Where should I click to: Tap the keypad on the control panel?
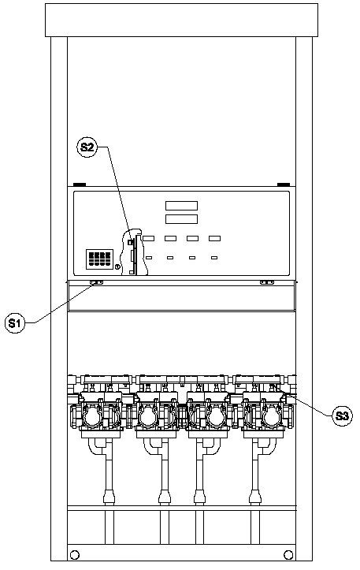(x=99, y=259)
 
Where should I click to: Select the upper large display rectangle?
(x=182, y=206)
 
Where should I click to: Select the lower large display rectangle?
(x=182, y=219)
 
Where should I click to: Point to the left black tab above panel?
(x=80, y=184)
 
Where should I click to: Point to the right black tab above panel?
(x=284, y=184)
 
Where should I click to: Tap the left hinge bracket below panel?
(x=97, y=282)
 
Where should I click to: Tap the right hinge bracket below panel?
(x=266, y=282)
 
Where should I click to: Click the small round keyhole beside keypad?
(x=117, y=267)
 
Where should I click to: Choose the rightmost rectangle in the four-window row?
(x=214, y=238)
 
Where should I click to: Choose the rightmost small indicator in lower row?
(x=214, y=258)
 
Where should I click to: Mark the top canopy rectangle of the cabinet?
(x=181, y=20)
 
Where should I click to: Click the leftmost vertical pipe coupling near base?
(x=109, y=497)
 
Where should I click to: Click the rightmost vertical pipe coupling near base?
(x=255, y=497)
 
